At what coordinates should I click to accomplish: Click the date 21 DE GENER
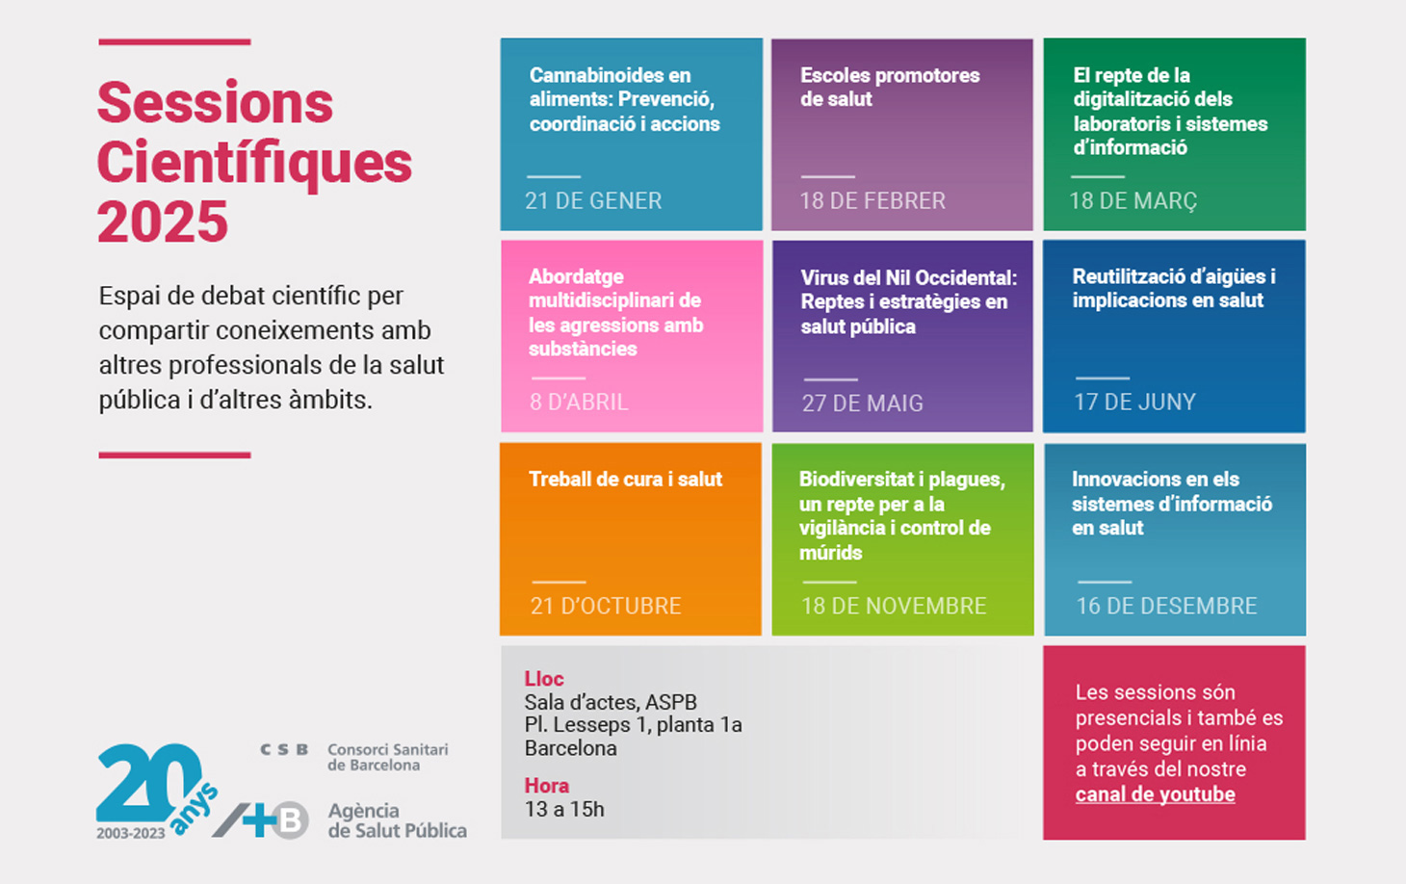593,201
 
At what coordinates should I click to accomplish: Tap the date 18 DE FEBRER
872,201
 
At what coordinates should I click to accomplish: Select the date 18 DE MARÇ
1133,201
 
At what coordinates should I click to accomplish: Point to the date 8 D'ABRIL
579,403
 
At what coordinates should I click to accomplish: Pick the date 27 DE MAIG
862,403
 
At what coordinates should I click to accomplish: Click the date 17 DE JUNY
1134,403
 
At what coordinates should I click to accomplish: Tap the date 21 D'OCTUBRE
606,606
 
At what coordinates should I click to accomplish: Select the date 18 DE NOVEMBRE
894,606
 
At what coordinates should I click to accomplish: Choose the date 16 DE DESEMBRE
1166,606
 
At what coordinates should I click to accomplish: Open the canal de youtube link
1155,794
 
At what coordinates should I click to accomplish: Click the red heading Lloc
544,679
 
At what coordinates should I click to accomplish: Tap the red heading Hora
546,786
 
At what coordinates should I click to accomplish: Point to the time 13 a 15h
564,809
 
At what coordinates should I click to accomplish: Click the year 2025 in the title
163,222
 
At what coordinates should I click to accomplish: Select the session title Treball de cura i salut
625,480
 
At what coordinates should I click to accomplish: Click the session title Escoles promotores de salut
889,87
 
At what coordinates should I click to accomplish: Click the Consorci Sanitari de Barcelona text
387,757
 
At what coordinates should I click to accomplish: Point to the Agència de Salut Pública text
397,820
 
